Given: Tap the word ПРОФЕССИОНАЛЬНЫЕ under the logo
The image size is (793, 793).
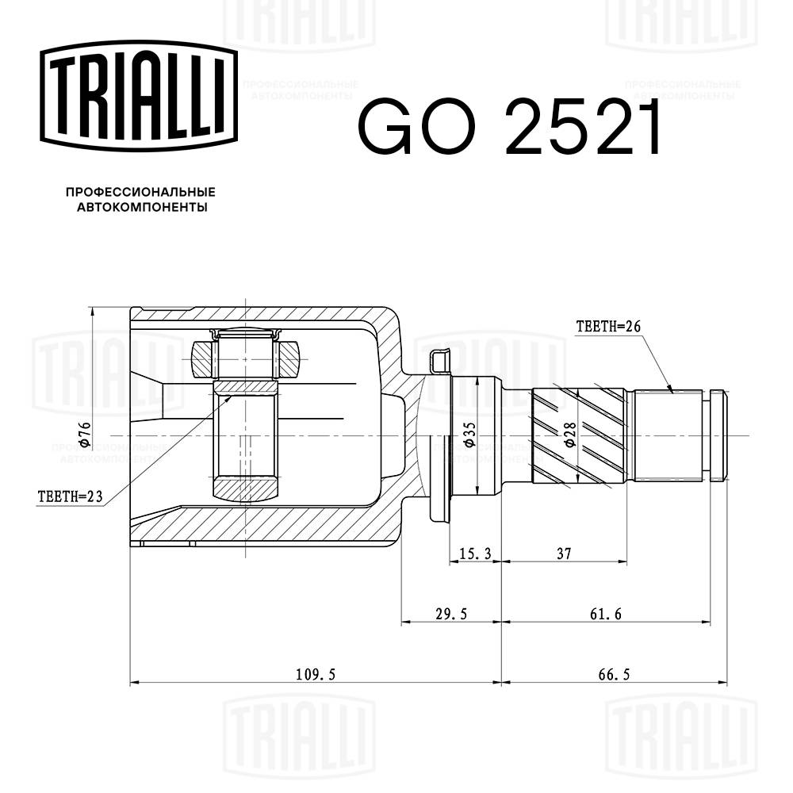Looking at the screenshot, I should click(x=140, y=193).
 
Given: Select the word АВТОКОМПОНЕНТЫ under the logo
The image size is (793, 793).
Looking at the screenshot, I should click(x=140, y=208).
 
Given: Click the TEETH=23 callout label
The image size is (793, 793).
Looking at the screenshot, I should click(x=71, y=497).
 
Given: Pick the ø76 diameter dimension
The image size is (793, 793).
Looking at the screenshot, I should click(x=86, y=435).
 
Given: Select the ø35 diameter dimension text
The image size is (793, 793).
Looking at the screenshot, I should click(x=469, y=435).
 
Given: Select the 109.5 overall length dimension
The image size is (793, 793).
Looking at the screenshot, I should click(x=316, y=674).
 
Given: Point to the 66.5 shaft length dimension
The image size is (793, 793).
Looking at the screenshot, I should click(x=614, y=674).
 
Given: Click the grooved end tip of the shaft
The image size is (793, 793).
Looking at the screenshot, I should click(x=718, y=435).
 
